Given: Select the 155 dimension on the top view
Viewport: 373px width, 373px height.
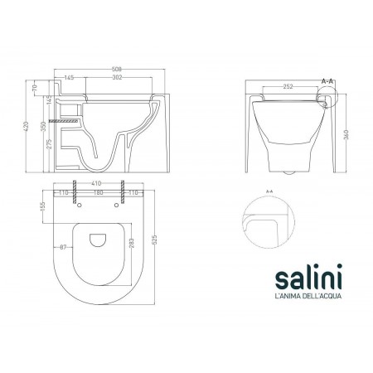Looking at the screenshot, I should coord(44,213).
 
